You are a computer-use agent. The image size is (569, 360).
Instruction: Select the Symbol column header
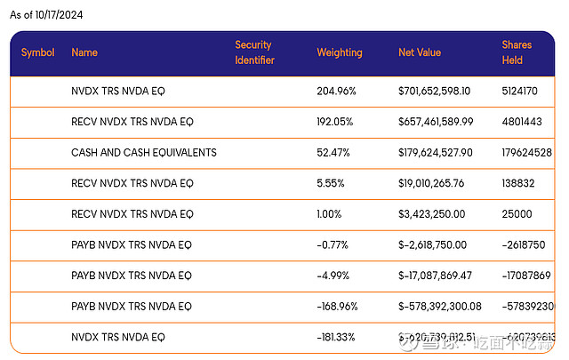point(38,52)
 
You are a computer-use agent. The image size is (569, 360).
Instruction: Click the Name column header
point(84,52)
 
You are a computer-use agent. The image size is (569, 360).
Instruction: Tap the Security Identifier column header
point(254,52)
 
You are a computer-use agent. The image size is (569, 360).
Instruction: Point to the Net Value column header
point(420,52)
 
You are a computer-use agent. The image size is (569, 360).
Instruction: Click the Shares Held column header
point(517,52)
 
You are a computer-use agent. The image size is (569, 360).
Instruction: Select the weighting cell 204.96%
point(338,92)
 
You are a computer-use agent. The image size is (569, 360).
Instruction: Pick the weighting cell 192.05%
point(337,122)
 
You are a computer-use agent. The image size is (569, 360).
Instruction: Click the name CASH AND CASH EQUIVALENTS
point(144,153)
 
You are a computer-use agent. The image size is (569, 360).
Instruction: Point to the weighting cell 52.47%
point(334,153)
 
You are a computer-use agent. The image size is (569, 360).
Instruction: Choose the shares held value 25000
point(516,214)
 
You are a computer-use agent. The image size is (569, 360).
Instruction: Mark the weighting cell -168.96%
point(339,307)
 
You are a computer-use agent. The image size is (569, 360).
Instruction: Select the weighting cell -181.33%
point(338,338)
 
